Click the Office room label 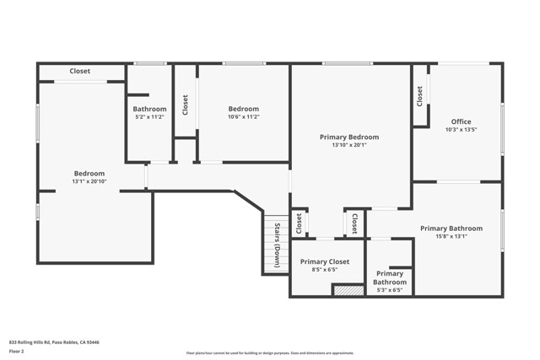[461, 121]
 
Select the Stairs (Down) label [276, 244]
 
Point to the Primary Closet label [324, 262]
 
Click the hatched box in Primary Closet [348, 290]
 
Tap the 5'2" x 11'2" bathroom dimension [149, 117]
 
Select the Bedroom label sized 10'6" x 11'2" [243, 109]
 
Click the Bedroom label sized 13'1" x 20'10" [89, 174]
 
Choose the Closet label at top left [80, 72]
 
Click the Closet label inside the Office [419, 96]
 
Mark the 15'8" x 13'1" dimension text [451, 237]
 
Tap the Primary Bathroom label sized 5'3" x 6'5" [389, 278]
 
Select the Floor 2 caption [18, 352]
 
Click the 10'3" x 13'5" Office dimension [461, 130]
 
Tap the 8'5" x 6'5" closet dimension [324, 271]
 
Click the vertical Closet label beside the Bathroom [186, 104]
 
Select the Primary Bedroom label [348, 137]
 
